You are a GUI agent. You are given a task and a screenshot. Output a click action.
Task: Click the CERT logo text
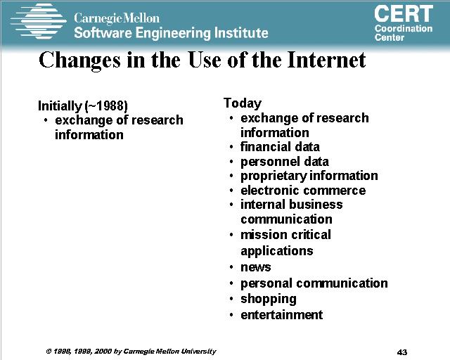coord(404,13)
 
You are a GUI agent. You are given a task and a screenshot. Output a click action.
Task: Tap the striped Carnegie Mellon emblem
coord(38,21)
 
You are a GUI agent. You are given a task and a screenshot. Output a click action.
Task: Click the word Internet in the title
coord(326,60)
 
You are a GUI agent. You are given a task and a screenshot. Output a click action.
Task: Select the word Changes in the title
coord(79,61)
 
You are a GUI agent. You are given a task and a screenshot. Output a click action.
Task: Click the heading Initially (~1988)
coord(83,106)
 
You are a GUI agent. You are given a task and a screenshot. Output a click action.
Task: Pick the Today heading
coord(243,103)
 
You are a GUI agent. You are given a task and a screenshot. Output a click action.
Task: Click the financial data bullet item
coord(280,147)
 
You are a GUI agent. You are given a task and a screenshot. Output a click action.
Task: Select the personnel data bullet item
coord(284,162)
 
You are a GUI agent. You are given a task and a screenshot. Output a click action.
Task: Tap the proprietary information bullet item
coord(309,176)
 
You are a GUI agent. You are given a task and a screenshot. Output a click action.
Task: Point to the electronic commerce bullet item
coord(303,191)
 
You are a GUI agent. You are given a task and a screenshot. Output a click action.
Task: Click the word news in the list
coord(255,267)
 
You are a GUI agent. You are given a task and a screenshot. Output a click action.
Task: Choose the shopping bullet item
coord(269,299)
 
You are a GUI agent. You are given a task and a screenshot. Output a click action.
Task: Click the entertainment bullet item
coord(281,314)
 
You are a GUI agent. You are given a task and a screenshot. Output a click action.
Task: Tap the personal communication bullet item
coord(314,283)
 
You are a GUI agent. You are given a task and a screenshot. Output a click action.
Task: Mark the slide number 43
coord(402,352)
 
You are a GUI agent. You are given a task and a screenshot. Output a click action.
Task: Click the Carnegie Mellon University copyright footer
coord(131,352)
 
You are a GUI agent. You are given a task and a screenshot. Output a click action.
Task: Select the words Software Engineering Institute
coord(171,33)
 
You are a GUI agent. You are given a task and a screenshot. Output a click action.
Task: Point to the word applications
coord(276,251)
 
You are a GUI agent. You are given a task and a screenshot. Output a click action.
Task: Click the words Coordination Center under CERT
coord(403,33)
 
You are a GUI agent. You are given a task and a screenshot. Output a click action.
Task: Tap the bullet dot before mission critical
coord(231,235)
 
